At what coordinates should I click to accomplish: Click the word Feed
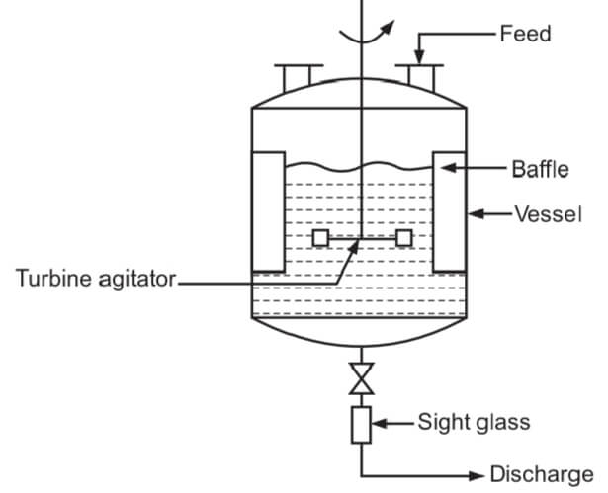pyautogui.click(x=525, y=34)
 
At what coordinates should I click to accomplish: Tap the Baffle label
pyautogui.click(x=540, y=169)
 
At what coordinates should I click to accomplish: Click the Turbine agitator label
pyautogui.click(x=95, y=280)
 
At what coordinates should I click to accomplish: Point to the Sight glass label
pyautogui.click(x=472, y=423)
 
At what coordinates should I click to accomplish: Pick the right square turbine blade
pyautogui.click(x=403, y=238)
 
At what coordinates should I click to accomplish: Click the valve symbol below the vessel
pyautogui.click(x=362, y=377)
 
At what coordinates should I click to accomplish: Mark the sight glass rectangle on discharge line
pyautogui.click(x=362, y=424)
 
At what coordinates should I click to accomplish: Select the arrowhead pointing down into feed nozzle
pyautogui.click(x=420, y=55)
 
